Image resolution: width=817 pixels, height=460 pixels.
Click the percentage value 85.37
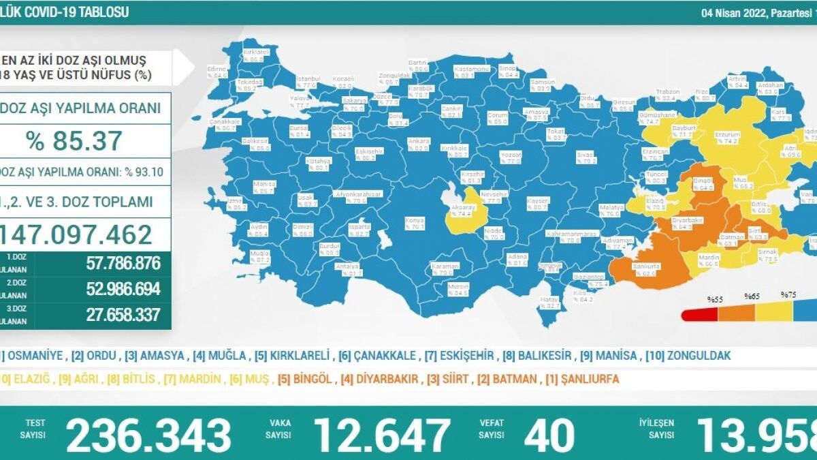point(74,140)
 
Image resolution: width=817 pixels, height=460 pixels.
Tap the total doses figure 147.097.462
point(76,234)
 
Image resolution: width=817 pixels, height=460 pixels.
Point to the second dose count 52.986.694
point(123,288)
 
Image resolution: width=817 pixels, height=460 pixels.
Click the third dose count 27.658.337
point(123,314)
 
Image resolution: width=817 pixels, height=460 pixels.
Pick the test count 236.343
point(148,435)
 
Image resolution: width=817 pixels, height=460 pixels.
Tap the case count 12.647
point(381,435)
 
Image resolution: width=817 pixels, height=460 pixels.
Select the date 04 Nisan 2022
point(737,13)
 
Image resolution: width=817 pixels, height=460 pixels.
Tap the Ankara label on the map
point(416,141)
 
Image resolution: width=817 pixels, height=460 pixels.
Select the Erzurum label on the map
point(726,135)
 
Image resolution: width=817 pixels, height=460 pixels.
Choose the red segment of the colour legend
point(699,313)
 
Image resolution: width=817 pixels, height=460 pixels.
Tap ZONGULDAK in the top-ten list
point(699,356)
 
